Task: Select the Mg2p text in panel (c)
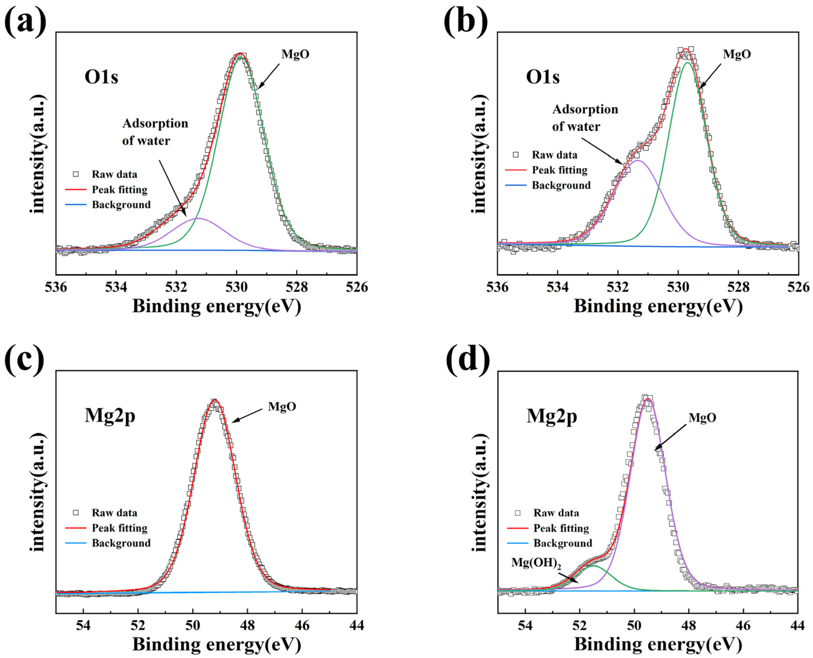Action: (x=110, y=416)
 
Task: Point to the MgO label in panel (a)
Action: (x=295, y=54)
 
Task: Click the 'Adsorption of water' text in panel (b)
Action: (x=585, y=118)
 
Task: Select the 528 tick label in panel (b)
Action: (x=738, y=287)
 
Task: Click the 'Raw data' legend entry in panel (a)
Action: (x=114, y=174)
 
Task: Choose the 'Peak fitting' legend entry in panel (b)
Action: (x=560, y=170)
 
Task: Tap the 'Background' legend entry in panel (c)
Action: (x=121, y=543)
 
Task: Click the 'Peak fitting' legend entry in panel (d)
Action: (x=561, y=528)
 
